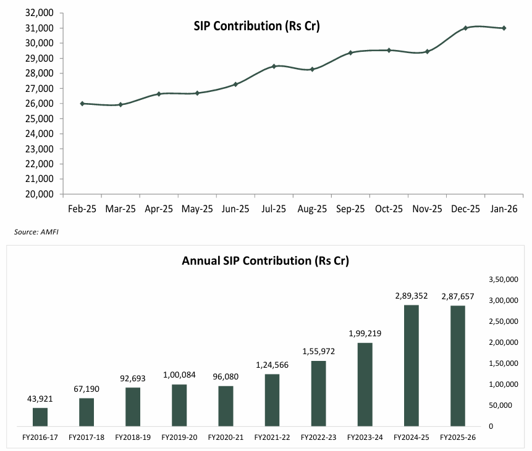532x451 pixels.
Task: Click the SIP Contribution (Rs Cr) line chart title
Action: (x=256, y=26)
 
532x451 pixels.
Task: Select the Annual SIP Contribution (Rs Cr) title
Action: (x=265, y=261)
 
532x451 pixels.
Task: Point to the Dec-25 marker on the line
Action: (x=465, y=28)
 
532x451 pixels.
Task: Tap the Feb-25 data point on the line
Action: (x=82, y=104)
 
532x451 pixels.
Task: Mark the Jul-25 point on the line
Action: (x=274, y=67)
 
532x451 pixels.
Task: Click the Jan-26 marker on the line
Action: (x=504, y=28)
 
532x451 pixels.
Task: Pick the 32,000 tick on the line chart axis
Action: (x=40, y=13)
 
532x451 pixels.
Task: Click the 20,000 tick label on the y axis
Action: (x=40, y=194)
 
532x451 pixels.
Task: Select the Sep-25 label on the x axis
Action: (x=350, y=209)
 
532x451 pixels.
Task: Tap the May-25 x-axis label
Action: (x=197, y=209)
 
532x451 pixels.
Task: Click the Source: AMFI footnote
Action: (x=36, y=232)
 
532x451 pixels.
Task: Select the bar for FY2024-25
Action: (x=412, y=366)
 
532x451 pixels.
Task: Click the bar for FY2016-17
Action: (x=40, y=417)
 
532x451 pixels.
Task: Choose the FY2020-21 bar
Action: (x=226, y=407)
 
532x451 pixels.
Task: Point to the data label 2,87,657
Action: (x=458, y=297)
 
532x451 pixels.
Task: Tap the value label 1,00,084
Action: (x=179, y=374)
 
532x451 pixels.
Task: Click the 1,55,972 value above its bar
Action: (x=319, y=352)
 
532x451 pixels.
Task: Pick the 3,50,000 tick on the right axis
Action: (x=504, y=279)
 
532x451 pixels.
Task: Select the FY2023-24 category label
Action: (x=365, y=437)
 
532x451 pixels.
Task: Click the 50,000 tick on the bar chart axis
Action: (x=500, y=405)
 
